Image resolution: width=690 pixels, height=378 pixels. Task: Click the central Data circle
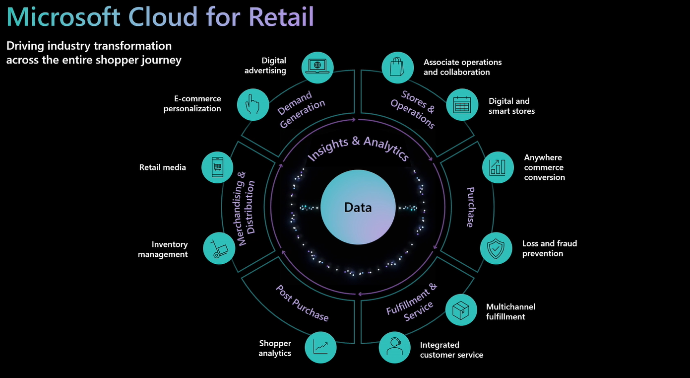pos(358,207)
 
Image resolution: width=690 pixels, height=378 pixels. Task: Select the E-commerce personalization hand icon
pos(253,104)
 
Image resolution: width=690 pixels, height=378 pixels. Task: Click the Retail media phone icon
pos(217,167)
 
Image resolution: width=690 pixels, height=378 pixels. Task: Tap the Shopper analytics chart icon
pos(321,347)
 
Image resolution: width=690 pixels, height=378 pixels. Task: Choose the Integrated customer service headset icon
pos(394,347)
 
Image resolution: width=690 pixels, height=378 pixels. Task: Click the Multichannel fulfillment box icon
pos(461,310)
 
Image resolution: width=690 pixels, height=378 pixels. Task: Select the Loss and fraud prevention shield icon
pos(496,248)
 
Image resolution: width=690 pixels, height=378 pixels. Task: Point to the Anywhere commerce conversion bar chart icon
pos(498,167)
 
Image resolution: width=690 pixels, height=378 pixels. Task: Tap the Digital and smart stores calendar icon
pos(462,104)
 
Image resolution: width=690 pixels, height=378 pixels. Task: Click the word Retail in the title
pos(282,16)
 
